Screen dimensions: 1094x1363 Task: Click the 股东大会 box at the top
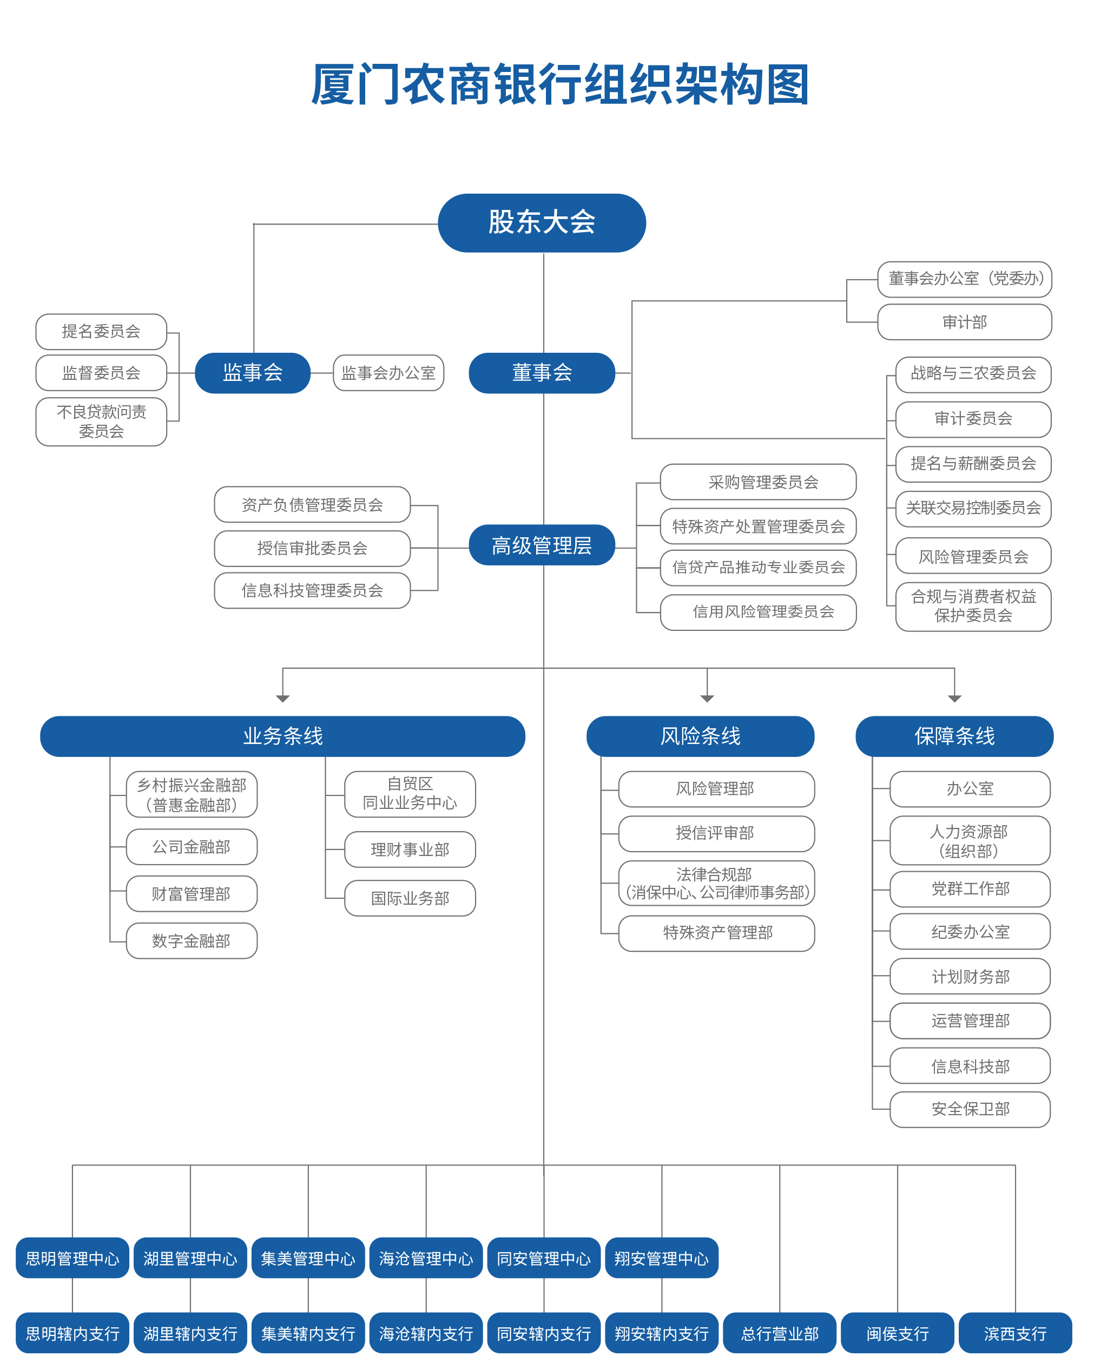542,222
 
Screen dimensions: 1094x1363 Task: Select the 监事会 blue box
252,372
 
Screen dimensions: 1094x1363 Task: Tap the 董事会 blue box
542,372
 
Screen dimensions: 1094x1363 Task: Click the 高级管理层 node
542,545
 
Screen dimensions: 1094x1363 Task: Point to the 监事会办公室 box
388,372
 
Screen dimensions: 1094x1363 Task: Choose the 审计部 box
965,322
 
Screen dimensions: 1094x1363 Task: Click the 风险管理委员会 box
973,556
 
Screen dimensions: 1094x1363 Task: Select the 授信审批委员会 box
312,548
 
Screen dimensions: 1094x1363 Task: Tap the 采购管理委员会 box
758,482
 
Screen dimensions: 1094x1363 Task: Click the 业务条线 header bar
282,736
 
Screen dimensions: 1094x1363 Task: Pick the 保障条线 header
954,736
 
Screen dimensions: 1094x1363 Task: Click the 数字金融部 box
192,941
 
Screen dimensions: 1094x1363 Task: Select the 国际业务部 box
410,898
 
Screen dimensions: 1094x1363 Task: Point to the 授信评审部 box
716,833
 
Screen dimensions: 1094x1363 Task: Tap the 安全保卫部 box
970,1109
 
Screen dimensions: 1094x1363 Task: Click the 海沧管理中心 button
426,1258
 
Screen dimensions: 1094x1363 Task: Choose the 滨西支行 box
1015,1333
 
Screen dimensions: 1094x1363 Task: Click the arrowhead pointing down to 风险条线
707,699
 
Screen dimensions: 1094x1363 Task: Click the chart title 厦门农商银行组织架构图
560,84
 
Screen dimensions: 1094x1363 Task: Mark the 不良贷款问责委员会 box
101,421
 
